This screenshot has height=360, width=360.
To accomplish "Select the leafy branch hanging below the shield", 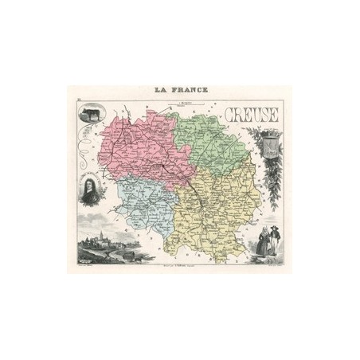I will coord(273,183).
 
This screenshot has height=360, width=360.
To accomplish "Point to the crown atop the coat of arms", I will coord(271,131).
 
